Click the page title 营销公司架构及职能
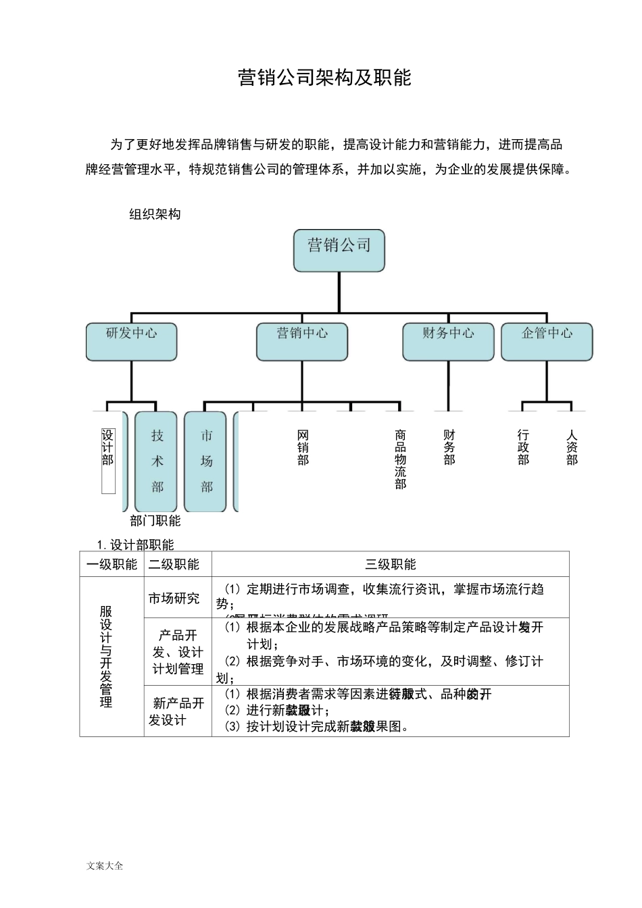click(324, 78)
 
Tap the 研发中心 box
click(131, 341)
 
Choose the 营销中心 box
click(302, 341)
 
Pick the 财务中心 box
click(448, 341)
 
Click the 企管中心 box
click(547, 341)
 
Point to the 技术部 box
click(157, 461)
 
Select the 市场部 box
click(206, 461)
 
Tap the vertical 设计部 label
click(108, 447)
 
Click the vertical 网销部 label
click(303, 447)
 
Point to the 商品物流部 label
click(401, 459)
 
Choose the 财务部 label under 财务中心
click(449, 447)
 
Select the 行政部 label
click(523, 447)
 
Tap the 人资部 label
click(572, 447)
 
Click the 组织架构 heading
click(155, 214)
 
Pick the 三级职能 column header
click(391, 564)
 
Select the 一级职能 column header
click(112, 564)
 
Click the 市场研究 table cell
click(174, 598)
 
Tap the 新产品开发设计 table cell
click(178, 711)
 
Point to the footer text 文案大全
click(105, 865)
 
